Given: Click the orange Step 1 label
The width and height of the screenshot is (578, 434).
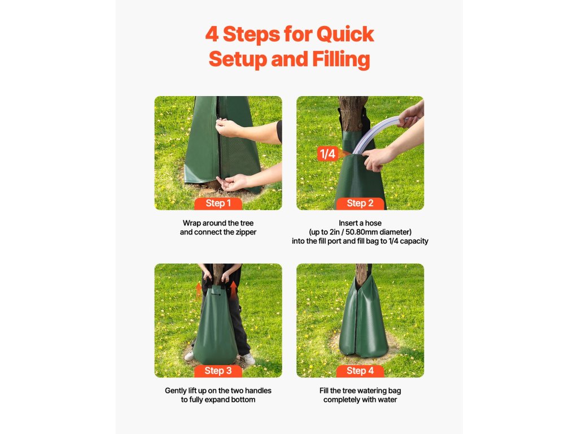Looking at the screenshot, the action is (x=218, y=203).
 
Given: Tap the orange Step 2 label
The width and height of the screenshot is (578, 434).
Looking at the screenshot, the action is (x=360, y=203).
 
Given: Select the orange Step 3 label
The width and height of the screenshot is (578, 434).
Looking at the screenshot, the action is (x=218, y=371).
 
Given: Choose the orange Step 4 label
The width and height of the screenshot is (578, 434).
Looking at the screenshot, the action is (x=360, y=371).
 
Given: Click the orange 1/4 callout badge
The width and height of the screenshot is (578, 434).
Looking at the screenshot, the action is (x=327, y=154).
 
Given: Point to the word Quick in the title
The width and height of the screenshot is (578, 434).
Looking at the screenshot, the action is (x=345, y=34).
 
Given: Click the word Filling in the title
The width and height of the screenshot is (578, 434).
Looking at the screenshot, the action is (x=341, y=59).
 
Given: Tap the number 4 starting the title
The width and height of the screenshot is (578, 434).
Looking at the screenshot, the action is (x=212, y=34).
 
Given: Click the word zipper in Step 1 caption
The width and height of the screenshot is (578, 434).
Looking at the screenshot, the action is (x=245, y=232).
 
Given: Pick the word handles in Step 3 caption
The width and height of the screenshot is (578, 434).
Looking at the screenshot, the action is (x=258, y=390).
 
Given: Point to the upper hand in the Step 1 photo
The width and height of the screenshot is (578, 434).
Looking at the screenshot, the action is (x=227, y=128).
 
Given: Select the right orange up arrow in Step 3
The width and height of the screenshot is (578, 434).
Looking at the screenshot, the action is (x=233, y=288).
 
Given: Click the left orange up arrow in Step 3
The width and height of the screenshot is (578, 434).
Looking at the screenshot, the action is (x=199, y=290).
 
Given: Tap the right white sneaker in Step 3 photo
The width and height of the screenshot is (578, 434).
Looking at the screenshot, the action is (x=247, y=359).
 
